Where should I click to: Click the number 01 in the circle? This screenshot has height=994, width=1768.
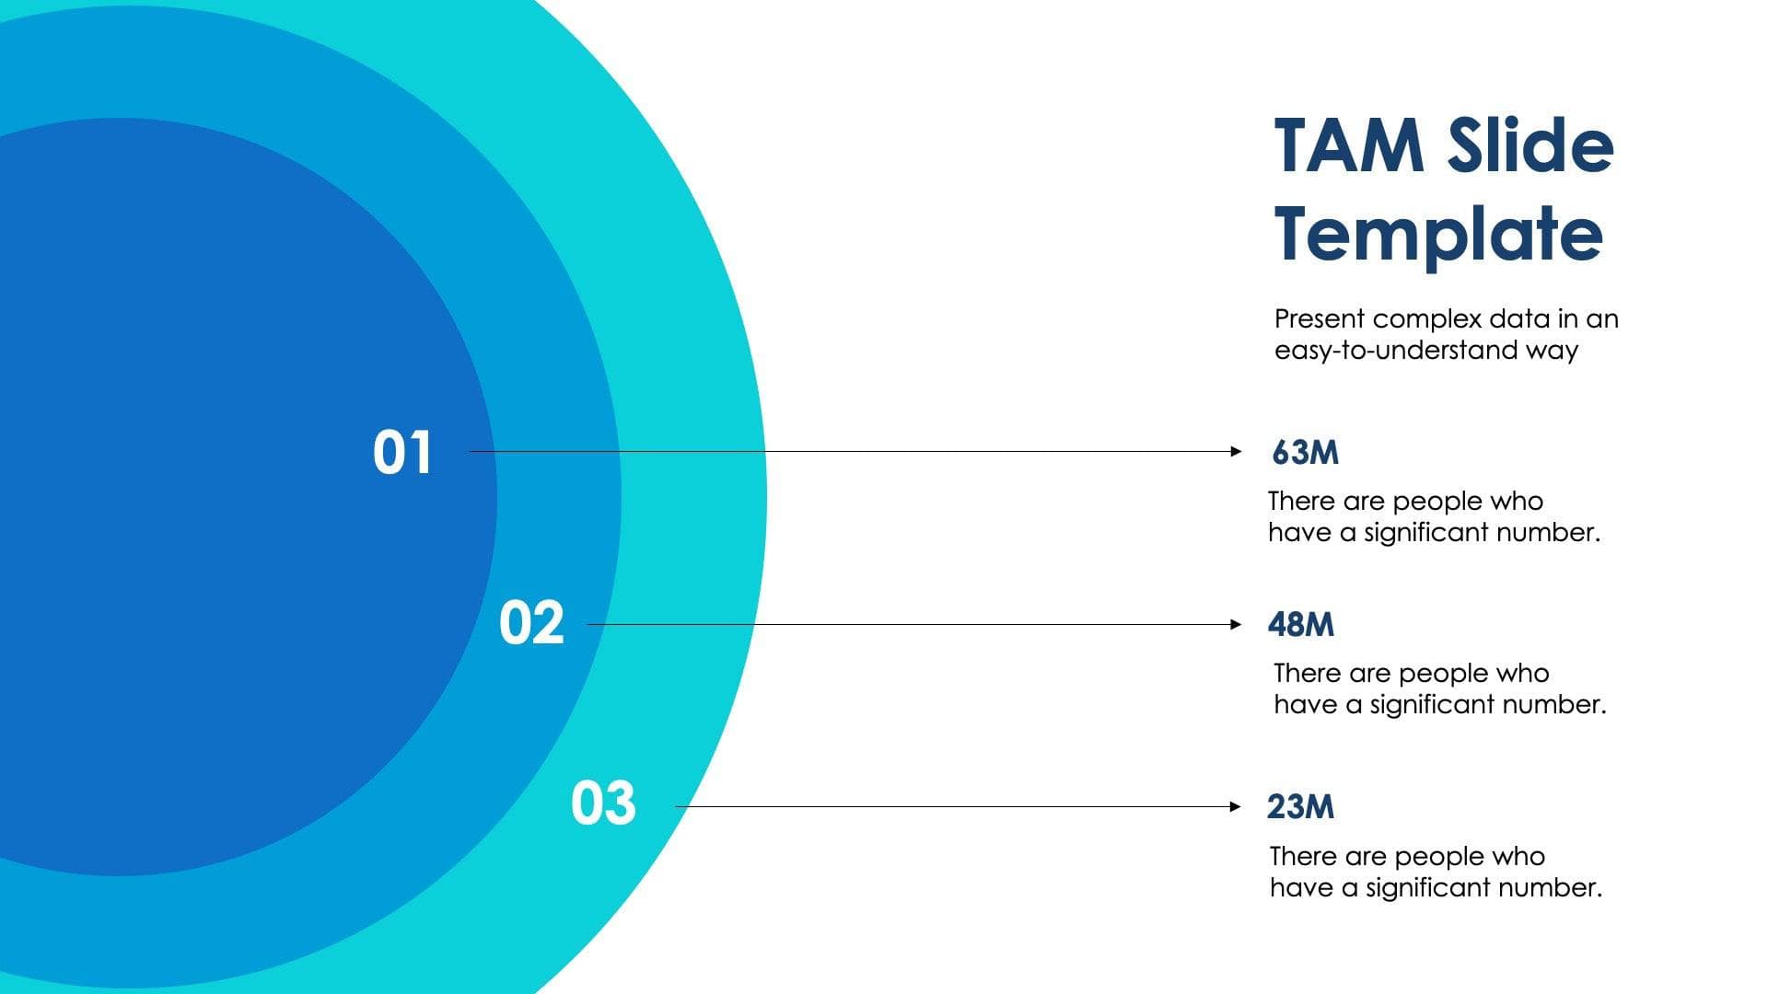402,453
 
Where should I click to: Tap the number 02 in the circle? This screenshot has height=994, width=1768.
531,623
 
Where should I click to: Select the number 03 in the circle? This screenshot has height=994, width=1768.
603,803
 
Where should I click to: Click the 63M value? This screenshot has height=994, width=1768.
1305,453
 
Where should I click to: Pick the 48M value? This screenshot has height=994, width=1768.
1300,625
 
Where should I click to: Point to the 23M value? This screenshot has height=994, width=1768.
1300,807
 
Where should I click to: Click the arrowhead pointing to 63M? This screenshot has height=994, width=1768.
1237,451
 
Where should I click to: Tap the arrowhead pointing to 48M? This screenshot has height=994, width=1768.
1237,624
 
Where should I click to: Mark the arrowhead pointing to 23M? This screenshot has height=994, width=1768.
1237,807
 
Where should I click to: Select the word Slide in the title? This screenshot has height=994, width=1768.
1529,147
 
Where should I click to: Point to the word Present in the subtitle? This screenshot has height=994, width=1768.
1320,319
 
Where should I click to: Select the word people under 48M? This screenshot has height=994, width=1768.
1443,674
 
